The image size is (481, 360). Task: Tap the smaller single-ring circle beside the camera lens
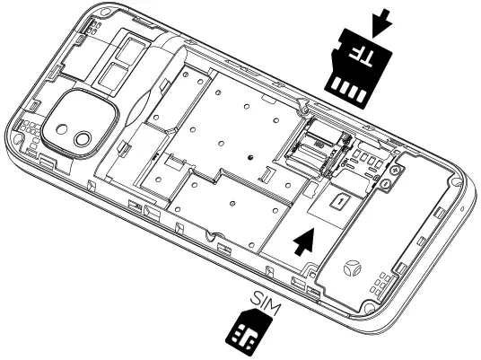83,138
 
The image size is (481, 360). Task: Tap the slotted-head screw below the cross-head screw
390,184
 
